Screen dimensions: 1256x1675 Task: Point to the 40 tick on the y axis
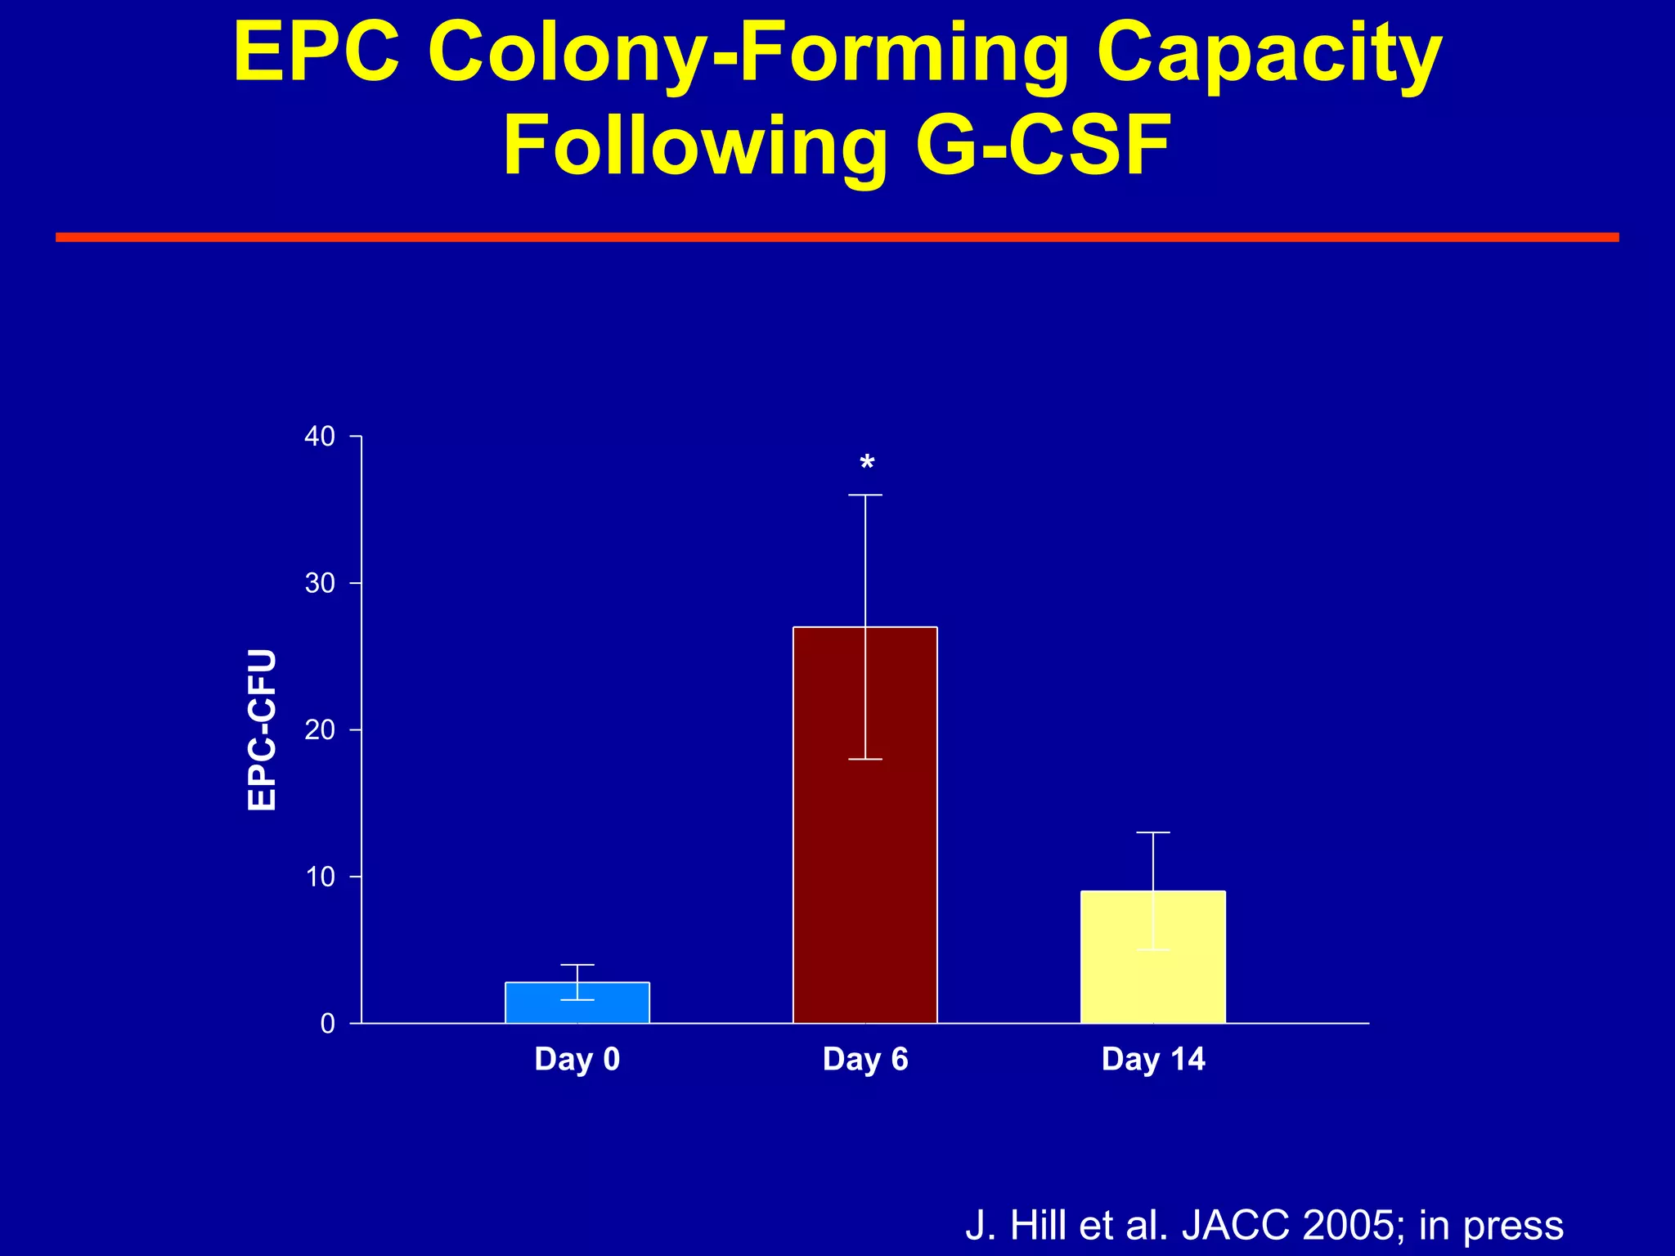[x=320, y=437]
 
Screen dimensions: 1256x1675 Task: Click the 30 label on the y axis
[x=320, y=583]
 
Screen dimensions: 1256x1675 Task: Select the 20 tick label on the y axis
[x=320, y=729]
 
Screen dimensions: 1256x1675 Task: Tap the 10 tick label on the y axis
[x=320, y=877]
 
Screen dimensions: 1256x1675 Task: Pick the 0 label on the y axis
[x=328, y=1024]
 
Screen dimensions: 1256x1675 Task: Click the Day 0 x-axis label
[x=577, y=1059]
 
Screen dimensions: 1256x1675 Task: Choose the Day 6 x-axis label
[x=865, y=1059]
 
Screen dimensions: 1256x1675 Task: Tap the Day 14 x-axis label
[x=1153, y=1059]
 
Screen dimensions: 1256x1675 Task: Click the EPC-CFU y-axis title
[x=263, y=729]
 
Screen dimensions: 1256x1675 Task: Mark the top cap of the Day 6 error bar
[x=864, y=495]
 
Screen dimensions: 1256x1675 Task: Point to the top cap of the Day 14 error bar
[x=1152, y=832]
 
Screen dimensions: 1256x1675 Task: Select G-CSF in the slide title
[x=1044, y=147]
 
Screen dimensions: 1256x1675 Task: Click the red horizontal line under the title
[x=837, y=237]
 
